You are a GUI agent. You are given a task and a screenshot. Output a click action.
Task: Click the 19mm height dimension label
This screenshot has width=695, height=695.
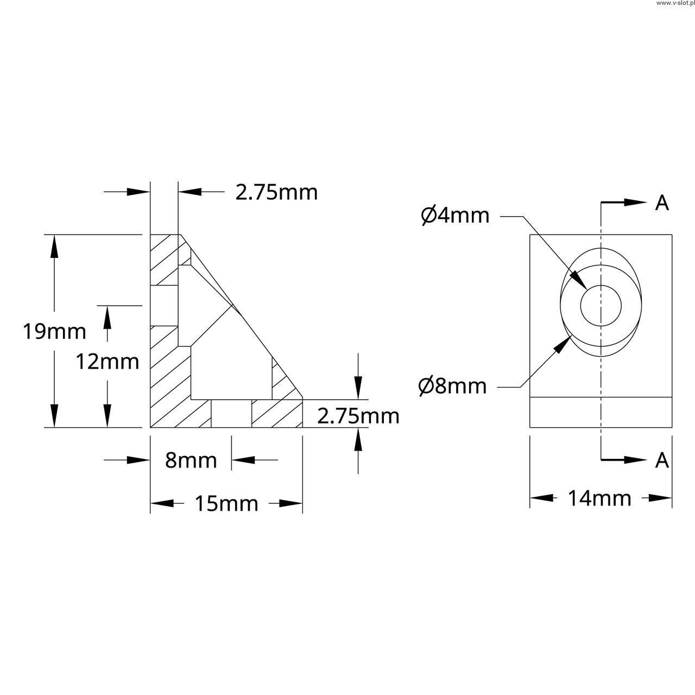click(54, 332)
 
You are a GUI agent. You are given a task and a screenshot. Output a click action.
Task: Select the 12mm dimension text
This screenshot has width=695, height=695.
click(108, 362)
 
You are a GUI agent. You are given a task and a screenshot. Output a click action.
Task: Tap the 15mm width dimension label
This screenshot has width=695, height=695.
click(226, 503)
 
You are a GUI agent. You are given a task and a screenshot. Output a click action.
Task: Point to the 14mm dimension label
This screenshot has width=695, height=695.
click(599, 498)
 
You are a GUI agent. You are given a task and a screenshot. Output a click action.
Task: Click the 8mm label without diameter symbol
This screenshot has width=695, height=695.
click(191, 460)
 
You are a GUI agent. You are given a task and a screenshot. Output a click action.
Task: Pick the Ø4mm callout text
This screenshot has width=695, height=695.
click(455, 216)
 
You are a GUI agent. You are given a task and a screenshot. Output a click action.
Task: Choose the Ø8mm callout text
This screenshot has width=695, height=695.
click(453, 386)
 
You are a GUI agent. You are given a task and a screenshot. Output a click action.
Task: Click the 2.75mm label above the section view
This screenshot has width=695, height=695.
click(276, 192)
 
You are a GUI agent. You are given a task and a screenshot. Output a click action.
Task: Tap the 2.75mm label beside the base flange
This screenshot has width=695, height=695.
click(358, 416)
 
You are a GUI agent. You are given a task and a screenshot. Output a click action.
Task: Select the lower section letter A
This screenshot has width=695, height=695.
click(662, 460)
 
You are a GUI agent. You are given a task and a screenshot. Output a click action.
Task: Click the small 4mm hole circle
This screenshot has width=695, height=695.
click(601, 285)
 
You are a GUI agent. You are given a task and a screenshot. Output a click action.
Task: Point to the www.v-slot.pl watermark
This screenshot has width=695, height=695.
click(675, 3)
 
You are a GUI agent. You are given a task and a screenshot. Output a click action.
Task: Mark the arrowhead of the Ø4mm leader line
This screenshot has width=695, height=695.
click(578, 280)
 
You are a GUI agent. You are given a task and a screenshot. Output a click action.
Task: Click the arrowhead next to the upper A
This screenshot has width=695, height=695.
click(635, 203)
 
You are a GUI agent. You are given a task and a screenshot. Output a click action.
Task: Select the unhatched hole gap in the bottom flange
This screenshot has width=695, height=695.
click(231, 414)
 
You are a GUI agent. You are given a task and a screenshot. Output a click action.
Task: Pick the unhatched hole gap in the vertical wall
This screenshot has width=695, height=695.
click(164, 306)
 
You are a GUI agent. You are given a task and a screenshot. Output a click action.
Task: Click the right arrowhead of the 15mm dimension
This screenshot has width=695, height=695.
click(290, 503)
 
